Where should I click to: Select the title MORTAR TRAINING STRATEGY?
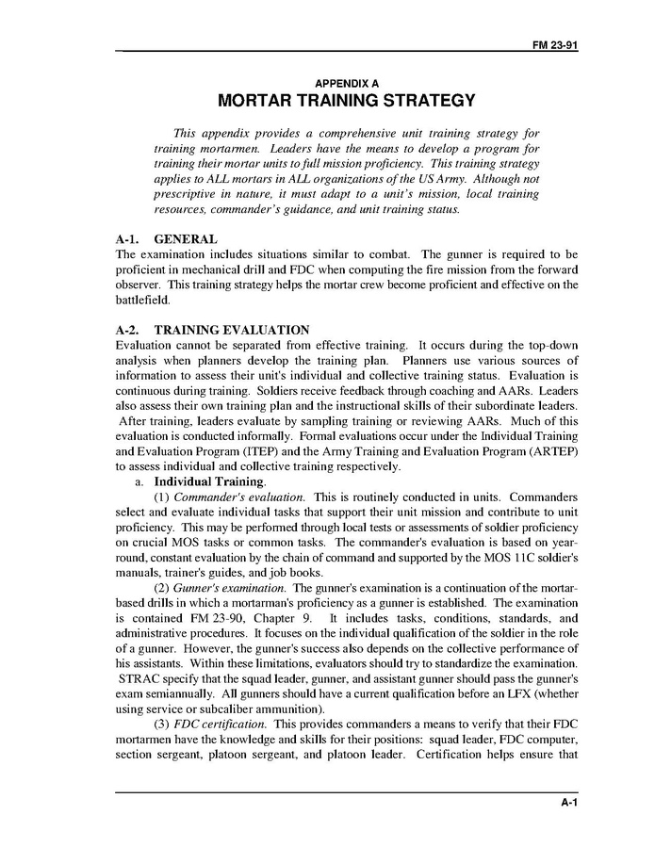(x=346, y=100)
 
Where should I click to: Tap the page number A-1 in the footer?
(x=568, y=803)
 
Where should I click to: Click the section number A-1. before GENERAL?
(x=127, y=239)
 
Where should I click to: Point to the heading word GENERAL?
(x=185, y=239)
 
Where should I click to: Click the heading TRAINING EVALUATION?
(x=231, y=330)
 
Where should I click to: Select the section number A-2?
(x=127, y=330)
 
